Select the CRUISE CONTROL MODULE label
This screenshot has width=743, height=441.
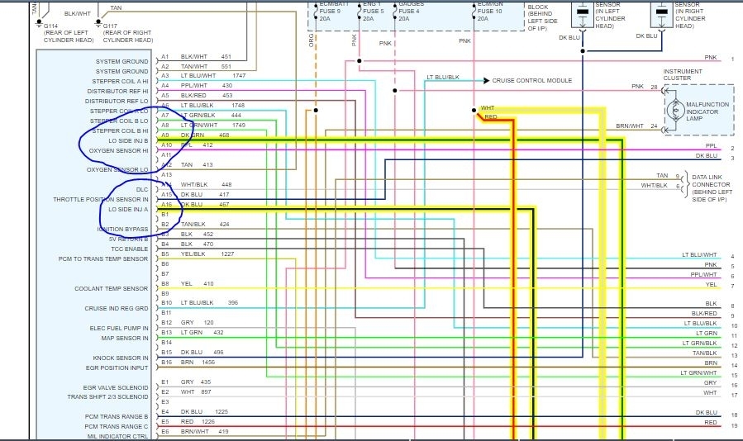[x=531, y=81]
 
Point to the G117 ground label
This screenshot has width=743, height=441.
[x=109, y=25]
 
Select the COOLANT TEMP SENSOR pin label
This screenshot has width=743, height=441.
[x=111, y=288]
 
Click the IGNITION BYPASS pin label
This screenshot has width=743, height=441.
[x=122, y=229]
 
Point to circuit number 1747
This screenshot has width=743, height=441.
[x=239, y=75]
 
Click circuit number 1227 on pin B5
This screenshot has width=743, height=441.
[x=227, y=254]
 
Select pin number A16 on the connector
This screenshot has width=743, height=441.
[x=166, y=204]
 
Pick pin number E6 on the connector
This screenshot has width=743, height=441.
[x=165, y=430]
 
